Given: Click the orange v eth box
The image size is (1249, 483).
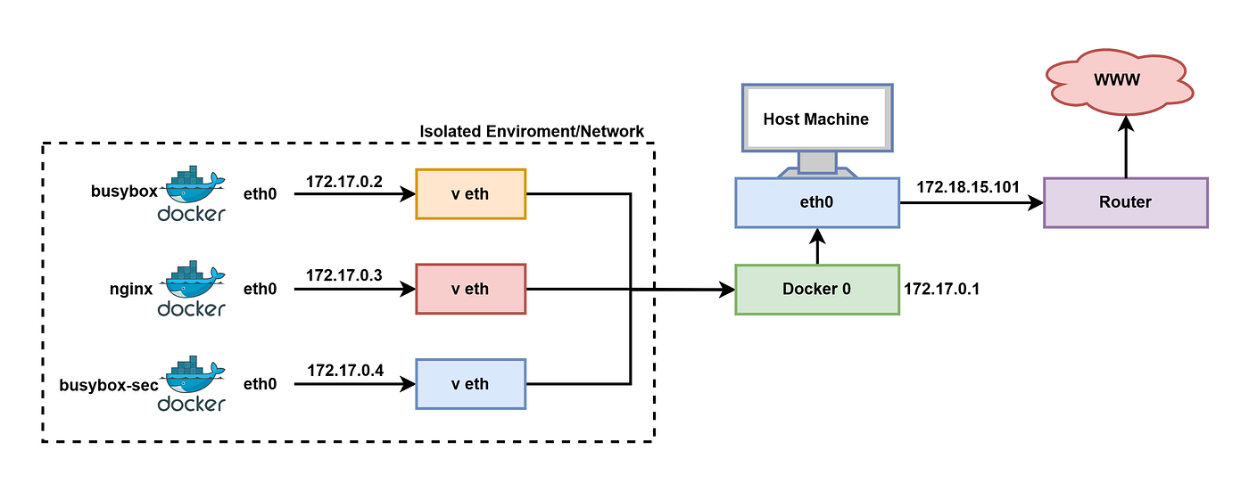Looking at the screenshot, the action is pyautogui.click(x=471, y=194).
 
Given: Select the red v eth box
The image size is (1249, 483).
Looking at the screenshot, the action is pyautogui.click(x=471, y=289).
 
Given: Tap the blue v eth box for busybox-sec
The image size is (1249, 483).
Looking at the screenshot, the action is pyautogui.click(x=471, y=384).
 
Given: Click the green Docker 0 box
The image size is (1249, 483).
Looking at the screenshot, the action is pyautogui.click(x=817, y=290).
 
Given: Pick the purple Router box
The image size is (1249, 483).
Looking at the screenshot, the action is pyautogui.click(x=1126, y=203).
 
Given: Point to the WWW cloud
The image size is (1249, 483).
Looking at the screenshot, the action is pyautogui.click(x=1119, y=82).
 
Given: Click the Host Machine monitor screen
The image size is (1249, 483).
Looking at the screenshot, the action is pyautogui.click(x=817, y=119).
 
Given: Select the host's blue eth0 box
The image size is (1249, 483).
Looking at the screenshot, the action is pyautogui.click(x=817, y=203).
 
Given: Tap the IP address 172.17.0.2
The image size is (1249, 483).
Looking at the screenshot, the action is pyautogui.click(x=344, y=182).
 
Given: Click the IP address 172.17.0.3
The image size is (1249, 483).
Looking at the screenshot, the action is pyautogui.click(x=344, y=275).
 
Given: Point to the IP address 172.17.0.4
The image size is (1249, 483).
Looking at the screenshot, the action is pyautogui.click(x=345, y=371).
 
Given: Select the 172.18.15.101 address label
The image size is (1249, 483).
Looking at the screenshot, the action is pyautogui.click(x=968, y=186).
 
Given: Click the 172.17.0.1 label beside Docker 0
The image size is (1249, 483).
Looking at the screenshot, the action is pyautogui.click(x=941, y=289).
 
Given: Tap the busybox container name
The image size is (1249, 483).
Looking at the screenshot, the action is pyautogui.click(x=124, y=191).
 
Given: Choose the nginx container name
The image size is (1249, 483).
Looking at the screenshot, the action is pyautogui.click(x=131, y=289).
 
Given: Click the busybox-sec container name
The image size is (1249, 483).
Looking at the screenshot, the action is pyautogui.click(x=109, y=385).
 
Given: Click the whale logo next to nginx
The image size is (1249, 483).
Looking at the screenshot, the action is pyautogui.click(x=193, y=279).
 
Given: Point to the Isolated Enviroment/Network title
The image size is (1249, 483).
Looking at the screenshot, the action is pyautogui.click(x=532, y=132).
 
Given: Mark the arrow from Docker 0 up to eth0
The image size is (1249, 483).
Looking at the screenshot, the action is pyautogui.click(x=817, y=246).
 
